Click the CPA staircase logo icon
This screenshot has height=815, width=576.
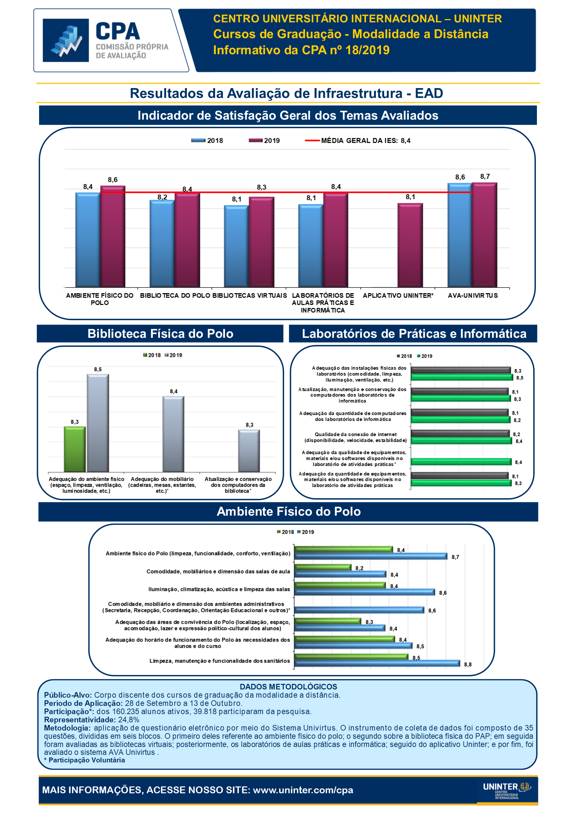(66, 40)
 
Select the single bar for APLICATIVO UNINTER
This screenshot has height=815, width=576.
(410, 245)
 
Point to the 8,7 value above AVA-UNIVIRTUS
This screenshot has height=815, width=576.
(485, 176)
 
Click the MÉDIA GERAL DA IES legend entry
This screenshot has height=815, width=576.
(358, 141)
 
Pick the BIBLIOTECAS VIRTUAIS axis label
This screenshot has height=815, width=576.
(249, 295)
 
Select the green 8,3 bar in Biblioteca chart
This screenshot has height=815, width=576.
(75, 449)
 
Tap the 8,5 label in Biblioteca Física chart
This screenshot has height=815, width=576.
(98, 369)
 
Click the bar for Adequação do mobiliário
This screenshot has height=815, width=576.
(173, 434)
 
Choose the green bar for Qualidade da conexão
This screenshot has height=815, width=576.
(461, 441)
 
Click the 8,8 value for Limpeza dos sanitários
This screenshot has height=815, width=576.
(468, 664)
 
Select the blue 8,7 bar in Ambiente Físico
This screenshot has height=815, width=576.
(371, 556)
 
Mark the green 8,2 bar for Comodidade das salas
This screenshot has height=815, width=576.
(323, 567)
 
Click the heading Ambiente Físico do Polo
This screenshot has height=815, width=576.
(288, 511)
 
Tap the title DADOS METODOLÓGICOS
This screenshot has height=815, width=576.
(288, 687)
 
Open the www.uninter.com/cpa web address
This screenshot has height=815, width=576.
(303, 790)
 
